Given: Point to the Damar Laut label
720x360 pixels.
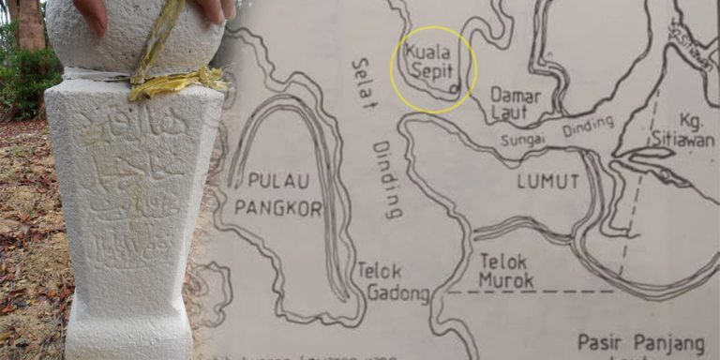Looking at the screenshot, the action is click(510, 102).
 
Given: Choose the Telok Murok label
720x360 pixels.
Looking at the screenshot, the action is click(505, 270).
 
